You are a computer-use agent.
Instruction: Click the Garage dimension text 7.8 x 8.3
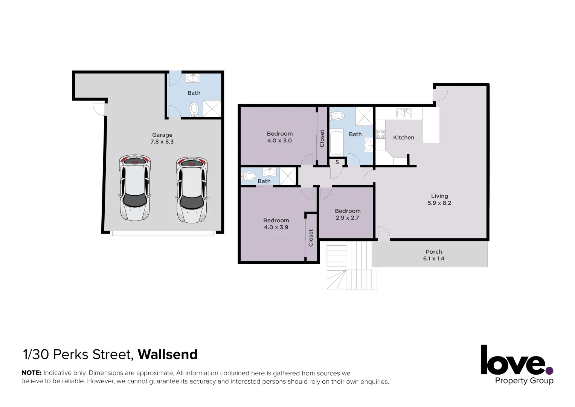pos(162,142)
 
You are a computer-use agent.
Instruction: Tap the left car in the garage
pos(134,188)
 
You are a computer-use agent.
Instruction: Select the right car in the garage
pos(192,190)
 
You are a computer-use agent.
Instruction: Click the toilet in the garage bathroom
pos(194,109)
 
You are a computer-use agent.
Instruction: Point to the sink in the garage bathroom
pos(193,78)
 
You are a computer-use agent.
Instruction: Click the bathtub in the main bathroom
pos(336,142)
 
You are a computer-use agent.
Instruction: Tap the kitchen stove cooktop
pos(380,134)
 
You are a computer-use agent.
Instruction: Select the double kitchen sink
pos(404,113)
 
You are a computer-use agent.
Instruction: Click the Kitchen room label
pos(403,138)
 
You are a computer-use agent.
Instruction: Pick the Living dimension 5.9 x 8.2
pos(439,203)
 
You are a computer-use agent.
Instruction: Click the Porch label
pos(434,252)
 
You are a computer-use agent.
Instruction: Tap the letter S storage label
pos(337,162)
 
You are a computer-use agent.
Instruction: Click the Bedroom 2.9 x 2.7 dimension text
pos(347,218)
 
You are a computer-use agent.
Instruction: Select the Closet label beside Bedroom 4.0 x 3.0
pos(322,138)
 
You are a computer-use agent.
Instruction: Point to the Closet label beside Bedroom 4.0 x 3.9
pos(311,238)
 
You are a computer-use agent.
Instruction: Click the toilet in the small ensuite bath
pos(248,176)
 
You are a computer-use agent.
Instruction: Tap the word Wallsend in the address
pos(168,355)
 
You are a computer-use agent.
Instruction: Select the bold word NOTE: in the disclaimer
pos(31,373)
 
